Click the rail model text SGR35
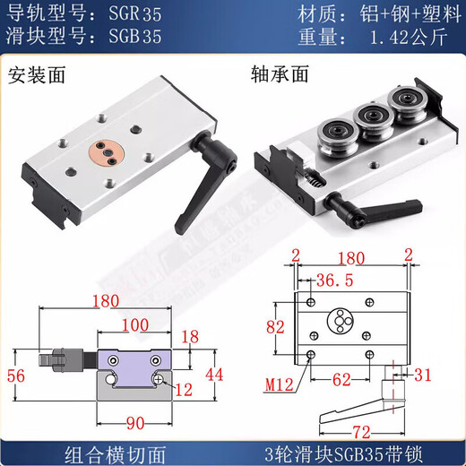click(133, 15)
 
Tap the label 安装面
click(32, 75)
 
